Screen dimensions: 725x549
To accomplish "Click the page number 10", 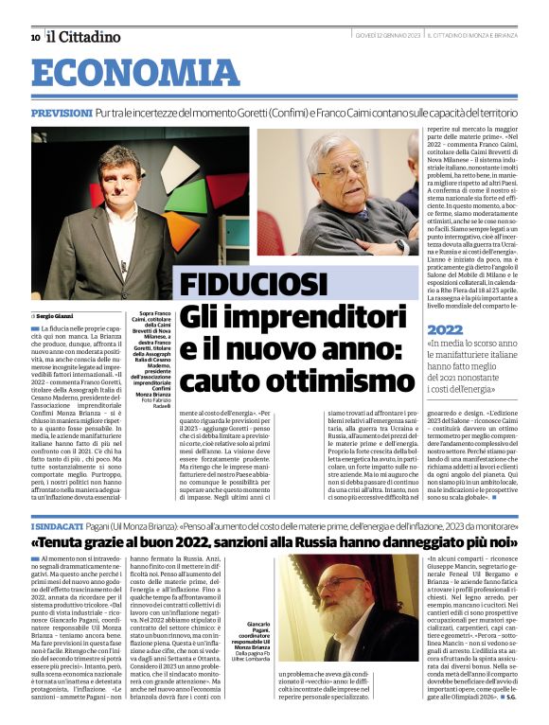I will tap(35, 37).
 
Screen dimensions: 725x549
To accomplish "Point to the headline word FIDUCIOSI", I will tap(254, 284).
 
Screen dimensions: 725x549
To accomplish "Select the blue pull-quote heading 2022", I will tap(446, 329).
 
